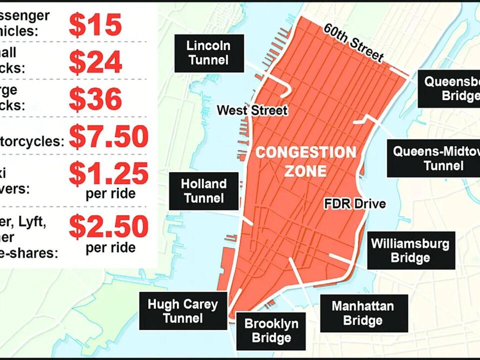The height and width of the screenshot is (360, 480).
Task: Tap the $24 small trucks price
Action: pyautogui.click(x=95, y=61)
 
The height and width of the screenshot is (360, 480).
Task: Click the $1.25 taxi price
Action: pyautogui.click(x=108, y=173)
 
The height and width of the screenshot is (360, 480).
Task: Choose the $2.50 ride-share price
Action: pyautogui.click(x=108, y=226)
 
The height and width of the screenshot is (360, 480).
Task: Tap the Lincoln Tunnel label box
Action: pyautogui.click(x=208, y=53)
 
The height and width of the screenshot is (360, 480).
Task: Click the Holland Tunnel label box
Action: pyautogui.click(x=203, y=191)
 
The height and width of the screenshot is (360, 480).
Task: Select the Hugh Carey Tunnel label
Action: pyautogui.click(x=182, y=311)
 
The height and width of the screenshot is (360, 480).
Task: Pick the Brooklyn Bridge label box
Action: pyautogui.click(x=271, y=330)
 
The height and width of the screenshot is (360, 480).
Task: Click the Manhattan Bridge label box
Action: pyautogui.click(x=363, y=313)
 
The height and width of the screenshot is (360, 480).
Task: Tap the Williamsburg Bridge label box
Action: pyautogui.click(x=410, y=250)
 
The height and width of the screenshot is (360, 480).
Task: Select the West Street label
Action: pyautogui.click(x=252, y=110)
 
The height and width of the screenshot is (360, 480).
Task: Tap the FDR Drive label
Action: pyautogui.click(x=354, y=204)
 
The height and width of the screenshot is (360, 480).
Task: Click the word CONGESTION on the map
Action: pyautogui.click(x=305, y=152)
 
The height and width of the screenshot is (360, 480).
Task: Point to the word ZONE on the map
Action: pyautogui.click(x=305, y=171)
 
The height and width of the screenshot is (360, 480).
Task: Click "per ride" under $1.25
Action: pyautogui.click(x=110, y=193)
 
